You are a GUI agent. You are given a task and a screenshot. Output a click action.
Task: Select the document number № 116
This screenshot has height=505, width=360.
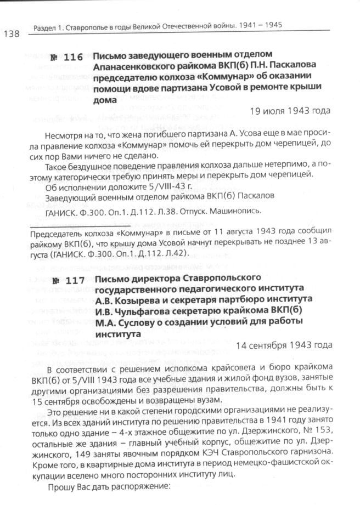point(66,58)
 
